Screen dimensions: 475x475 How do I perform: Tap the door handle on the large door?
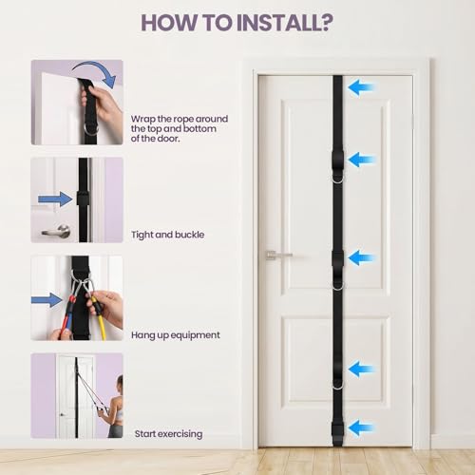pyautogui.click(x=278, y=255)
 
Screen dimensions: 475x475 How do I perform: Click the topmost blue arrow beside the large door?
pyautogui.click(x=361, y=87)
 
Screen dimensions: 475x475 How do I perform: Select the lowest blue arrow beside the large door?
pyautogui.click(x=361, y=427)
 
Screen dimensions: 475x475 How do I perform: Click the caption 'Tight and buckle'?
pyautogui.click(x=168, y=235)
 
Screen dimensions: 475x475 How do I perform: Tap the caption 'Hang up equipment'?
pyautogui.click(x=176, y=335)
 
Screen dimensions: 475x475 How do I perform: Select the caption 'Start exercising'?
pyautogui.click(x=168, y=434)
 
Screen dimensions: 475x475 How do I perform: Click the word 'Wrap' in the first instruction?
pyautogui.click(x=143, y=119)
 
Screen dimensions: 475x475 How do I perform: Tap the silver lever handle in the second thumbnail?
pyautogui.click(x=57, y=230)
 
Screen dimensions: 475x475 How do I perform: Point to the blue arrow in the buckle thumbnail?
pyautogui.click(x=55, y=199)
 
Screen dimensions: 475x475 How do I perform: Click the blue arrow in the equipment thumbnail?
pyautogui.click(x=47, y=300)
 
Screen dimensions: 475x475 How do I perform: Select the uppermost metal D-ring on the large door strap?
pyautogui.click(x=338, y=179)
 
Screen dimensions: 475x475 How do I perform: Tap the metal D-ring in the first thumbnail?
pyautogui.click(x=91, y=130)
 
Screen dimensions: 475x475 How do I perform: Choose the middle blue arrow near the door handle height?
pyautogui.click(x=361, y=257)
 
